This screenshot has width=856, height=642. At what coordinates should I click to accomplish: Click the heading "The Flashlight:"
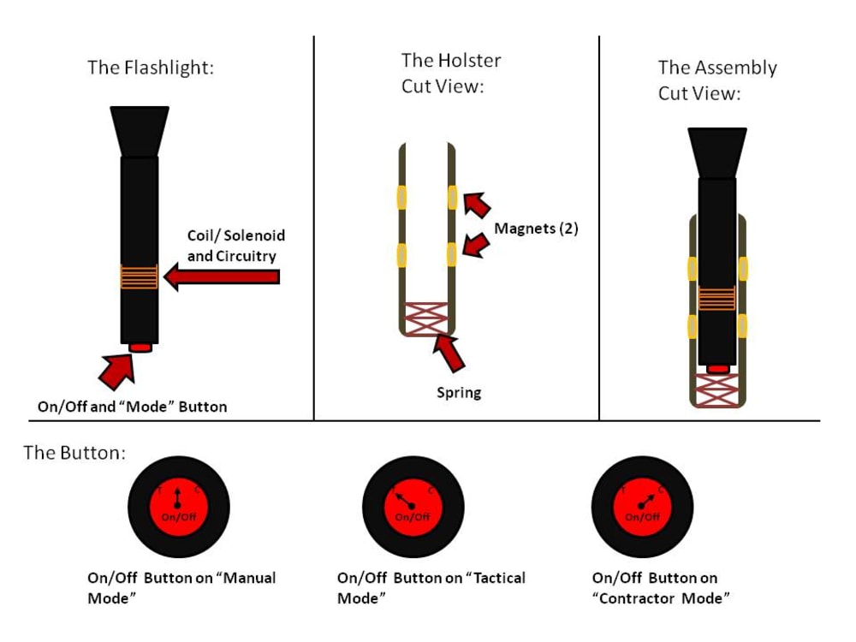[151, 68]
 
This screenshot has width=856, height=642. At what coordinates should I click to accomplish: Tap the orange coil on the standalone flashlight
[140, 276]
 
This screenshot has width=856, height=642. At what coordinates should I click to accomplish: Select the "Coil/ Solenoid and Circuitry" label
[235, 246]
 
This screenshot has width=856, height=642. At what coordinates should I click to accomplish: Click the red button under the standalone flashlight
[140, 347]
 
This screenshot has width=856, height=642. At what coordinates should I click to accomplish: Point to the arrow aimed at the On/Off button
[117, 369]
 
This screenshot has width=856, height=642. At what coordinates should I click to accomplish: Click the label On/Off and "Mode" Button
[133, 407]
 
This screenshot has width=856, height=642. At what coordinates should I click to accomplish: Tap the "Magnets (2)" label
[536, 229]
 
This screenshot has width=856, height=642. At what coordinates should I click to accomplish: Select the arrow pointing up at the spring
[453, 354]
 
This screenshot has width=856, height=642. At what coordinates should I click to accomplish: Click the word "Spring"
[459, 393]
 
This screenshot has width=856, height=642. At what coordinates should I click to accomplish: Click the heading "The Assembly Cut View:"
[717, 80]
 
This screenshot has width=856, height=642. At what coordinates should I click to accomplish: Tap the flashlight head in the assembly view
[717, 152]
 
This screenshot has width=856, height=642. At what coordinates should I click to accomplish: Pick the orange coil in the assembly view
[717, 298]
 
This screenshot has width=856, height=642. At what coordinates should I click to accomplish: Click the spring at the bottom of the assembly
[717, 389]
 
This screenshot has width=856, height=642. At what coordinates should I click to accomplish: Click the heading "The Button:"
[74, 453]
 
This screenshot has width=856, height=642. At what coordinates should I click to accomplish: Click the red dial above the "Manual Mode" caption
[178, 511]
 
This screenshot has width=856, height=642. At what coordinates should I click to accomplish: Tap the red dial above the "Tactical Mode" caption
[413, 511]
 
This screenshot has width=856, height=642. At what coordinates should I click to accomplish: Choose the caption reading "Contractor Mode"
[660, 588]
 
